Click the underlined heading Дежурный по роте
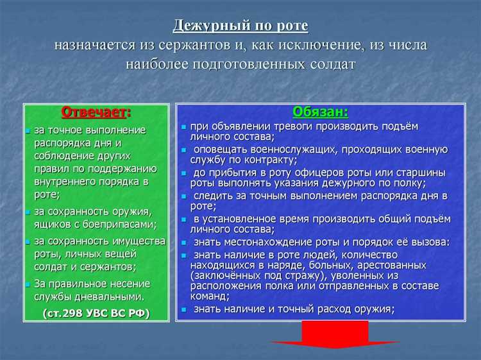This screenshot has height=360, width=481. click(240, 25)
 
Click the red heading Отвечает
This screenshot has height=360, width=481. click(94, 112)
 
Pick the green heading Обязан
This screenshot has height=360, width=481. click(320, 112)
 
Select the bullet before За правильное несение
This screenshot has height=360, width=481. click(28, 284)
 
